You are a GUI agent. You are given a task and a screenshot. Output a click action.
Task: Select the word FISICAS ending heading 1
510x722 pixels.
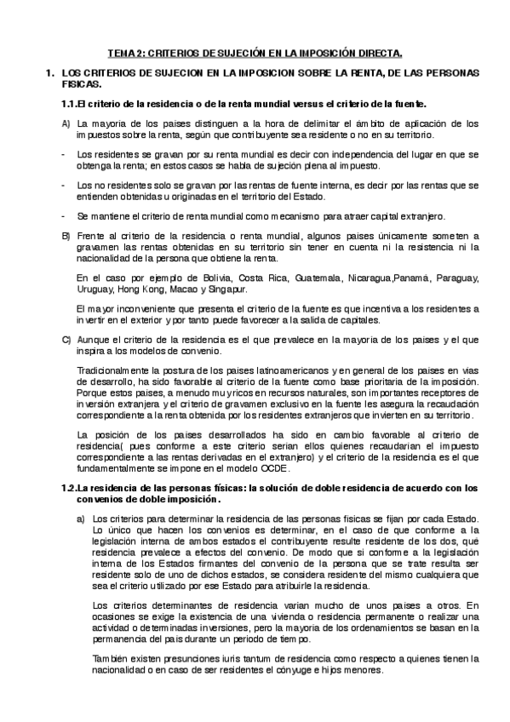[81, 86]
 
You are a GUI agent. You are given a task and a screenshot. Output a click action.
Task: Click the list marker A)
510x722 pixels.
[66, 124]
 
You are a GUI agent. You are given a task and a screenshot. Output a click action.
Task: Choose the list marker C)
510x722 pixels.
[66, 341]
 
